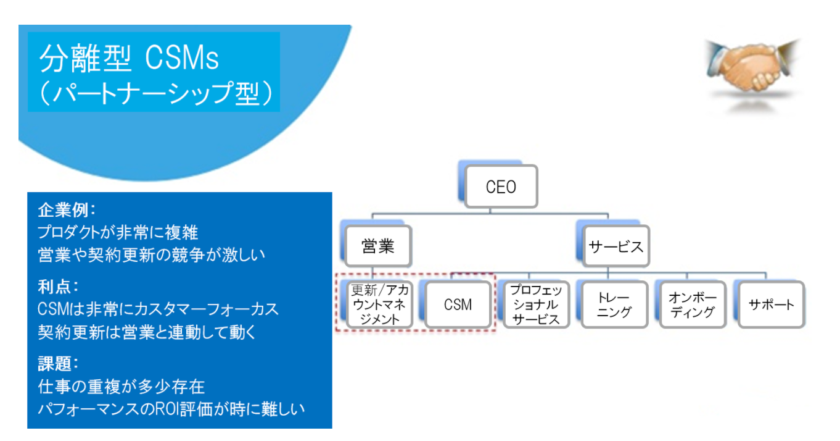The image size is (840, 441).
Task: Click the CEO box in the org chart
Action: click(501, 187)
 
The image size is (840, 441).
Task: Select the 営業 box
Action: click(378, 246)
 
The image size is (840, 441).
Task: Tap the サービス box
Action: click(616, 246)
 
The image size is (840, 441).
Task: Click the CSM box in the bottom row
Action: click(458, 304)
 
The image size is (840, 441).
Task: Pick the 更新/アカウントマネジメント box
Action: click(379, 304)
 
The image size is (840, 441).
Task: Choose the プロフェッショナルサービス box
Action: click(536, 304)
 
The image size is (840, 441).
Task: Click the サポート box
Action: click(772, 304)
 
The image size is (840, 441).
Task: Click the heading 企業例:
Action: click(67, 210)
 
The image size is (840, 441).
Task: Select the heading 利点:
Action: click(58, 287)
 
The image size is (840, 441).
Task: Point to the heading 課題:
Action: click(58, 364)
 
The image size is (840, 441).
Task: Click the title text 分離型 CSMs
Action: click(129, 58)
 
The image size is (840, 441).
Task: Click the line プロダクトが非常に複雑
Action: click(118, 232)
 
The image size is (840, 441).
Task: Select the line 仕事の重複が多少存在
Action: click(121, 387)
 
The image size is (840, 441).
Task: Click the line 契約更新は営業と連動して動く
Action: click(147, 332)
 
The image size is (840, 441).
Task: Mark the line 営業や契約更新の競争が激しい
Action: click(152, 255)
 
